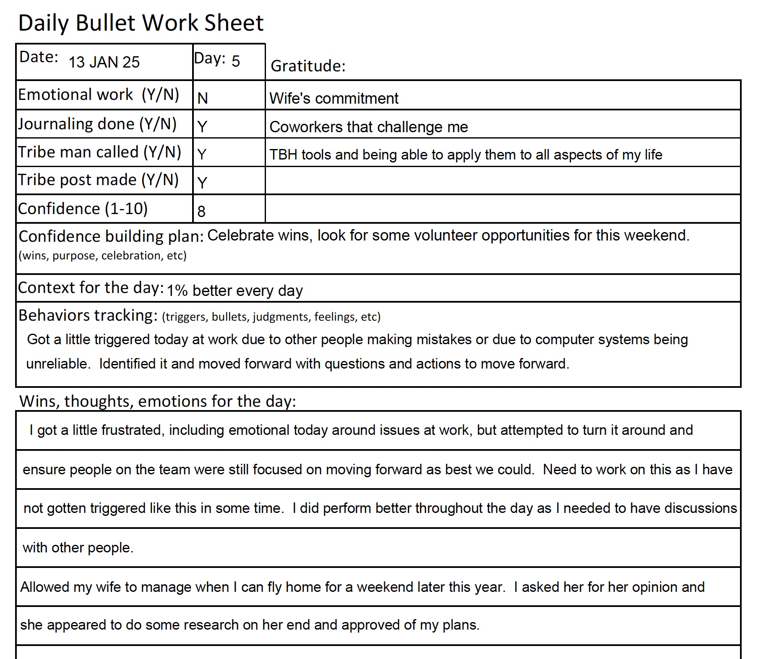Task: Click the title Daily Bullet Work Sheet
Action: (x=141, y=23)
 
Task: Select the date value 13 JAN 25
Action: (x=104, y=62)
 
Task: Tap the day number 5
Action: (x=236, y=61)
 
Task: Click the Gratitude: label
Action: (x=308, y=66)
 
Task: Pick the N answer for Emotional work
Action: (x=203, y=98)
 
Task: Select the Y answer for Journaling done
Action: (x=202, y=126)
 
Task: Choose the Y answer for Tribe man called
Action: (x=202, y=154)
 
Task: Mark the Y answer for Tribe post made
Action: (x=202, y=183)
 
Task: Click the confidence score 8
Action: (x=201, y=211)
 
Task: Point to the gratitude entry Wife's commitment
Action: (x=333, y=99)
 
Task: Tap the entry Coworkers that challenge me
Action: (x=368, y=127)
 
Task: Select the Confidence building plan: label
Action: (x=111, y=237)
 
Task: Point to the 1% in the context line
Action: (x=177, y=291)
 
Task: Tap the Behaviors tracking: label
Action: (x=88, y=315)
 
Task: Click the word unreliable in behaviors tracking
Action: (x=58, y=364)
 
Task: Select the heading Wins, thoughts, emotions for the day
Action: (x=157, y=401)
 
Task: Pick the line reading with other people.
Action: (x=78, y=548)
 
